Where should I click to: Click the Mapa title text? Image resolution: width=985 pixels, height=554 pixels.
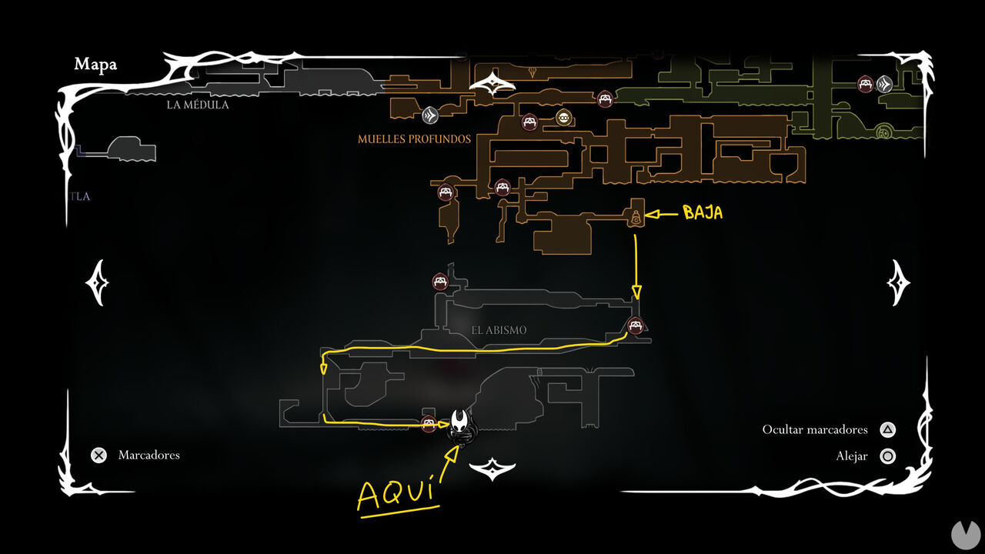pos(95,65)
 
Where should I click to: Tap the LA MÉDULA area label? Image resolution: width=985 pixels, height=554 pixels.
pos(198,105)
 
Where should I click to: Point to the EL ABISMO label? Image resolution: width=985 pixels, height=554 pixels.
pos(499,330)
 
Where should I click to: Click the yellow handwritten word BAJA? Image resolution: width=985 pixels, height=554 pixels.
pos(703,213)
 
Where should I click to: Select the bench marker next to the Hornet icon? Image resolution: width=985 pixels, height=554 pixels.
pos(429,422)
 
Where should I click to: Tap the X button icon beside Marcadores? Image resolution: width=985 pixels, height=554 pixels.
pos(98,455)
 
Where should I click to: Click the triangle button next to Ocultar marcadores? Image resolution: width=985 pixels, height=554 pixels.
pos(887,430)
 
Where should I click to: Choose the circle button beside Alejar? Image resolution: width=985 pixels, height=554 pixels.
pos(887,456)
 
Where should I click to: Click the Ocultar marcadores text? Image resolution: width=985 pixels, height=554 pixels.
pos(815,430)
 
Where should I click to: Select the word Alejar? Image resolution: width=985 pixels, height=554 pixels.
pos(852,456)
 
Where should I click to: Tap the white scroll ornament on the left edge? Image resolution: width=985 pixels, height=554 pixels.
pos(97,282)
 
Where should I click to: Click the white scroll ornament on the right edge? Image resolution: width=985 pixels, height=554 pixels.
pos(898,282)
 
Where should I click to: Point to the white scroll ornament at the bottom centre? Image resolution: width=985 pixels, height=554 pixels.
pos(491,468)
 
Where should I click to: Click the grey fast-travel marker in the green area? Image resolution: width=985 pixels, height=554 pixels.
pos(884,83)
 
